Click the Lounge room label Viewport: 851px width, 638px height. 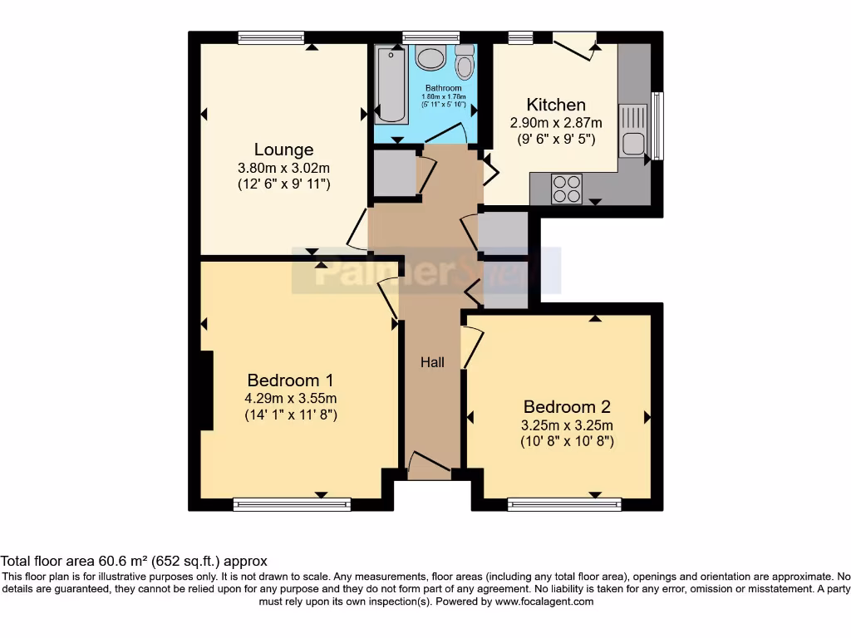tap(283, 150)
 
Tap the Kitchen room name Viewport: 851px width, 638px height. tap(555, 105)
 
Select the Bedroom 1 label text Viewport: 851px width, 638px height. tap(290, 380)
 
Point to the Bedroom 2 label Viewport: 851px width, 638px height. tap(567, 406)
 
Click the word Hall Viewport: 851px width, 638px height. tap(431, 362)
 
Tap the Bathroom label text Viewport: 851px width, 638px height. tap(443, 88)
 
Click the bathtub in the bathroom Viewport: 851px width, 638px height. tap(389, 85)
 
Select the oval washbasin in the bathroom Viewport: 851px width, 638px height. tap(430, 58)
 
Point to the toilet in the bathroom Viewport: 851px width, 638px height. tap(464, 61)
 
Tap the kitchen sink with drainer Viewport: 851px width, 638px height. tap(632, 130)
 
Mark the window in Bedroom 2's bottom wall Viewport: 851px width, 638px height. tap(564, 503)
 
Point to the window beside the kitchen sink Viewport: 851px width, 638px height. tap(658, 125)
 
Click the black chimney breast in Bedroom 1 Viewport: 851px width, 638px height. tap(207, 390)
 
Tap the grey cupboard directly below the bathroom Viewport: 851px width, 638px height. tap(393, 173)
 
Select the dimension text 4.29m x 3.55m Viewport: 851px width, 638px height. tap(290, 398)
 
